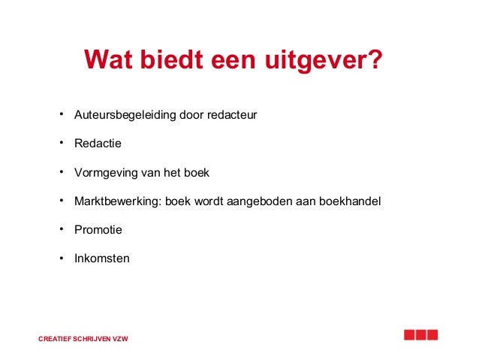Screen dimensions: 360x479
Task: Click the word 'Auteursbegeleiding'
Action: click(124, 116)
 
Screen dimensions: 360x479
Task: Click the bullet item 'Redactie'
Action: click(98, 144)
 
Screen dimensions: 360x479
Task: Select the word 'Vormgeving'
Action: click(106, 173)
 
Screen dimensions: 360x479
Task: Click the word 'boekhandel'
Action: click(351, 201)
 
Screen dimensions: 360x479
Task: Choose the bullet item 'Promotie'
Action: click(98, 230)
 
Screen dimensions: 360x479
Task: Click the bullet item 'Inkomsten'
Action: click(102, 259)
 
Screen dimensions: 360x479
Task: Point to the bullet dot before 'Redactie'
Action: click(59, 143)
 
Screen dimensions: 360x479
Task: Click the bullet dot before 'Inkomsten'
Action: click(59, 258)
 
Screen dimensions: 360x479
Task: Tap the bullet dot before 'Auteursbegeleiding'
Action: click(59, 115)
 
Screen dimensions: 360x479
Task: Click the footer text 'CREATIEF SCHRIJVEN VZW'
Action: click(83, 339)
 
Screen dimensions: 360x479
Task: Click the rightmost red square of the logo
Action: click(431, 335)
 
